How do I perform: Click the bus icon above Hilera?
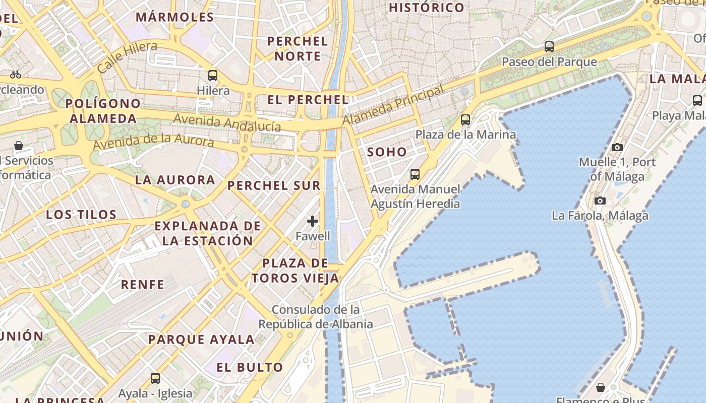tap(213, 76)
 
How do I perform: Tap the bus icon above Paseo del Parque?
tap(549, 47)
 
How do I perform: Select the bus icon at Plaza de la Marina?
tap(465, 120)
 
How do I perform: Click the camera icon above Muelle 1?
tap(617, 148)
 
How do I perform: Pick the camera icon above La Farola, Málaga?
tap(600, 201)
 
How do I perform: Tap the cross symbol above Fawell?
tap(313, 221)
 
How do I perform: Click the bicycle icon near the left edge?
tap(16, 75)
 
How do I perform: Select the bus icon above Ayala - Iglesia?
tap(155, 378)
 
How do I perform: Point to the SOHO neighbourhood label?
tap(387, 152)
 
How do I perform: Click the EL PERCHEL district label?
tap(308, 100)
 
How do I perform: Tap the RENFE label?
tap(143, 285)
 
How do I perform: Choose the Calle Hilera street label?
tap(127, 57)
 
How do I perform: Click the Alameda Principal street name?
tap(393, 105)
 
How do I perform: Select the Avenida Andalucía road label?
tap(227, 122)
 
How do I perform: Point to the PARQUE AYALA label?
tap(201, 340)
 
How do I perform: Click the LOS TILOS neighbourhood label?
tap(82, 215)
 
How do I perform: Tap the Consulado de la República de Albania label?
tap(316, 317)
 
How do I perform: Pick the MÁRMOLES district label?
tap(175, 17)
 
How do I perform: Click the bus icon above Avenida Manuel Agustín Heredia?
tap(415, 174)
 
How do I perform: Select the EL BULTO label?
tap(250, 367)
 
